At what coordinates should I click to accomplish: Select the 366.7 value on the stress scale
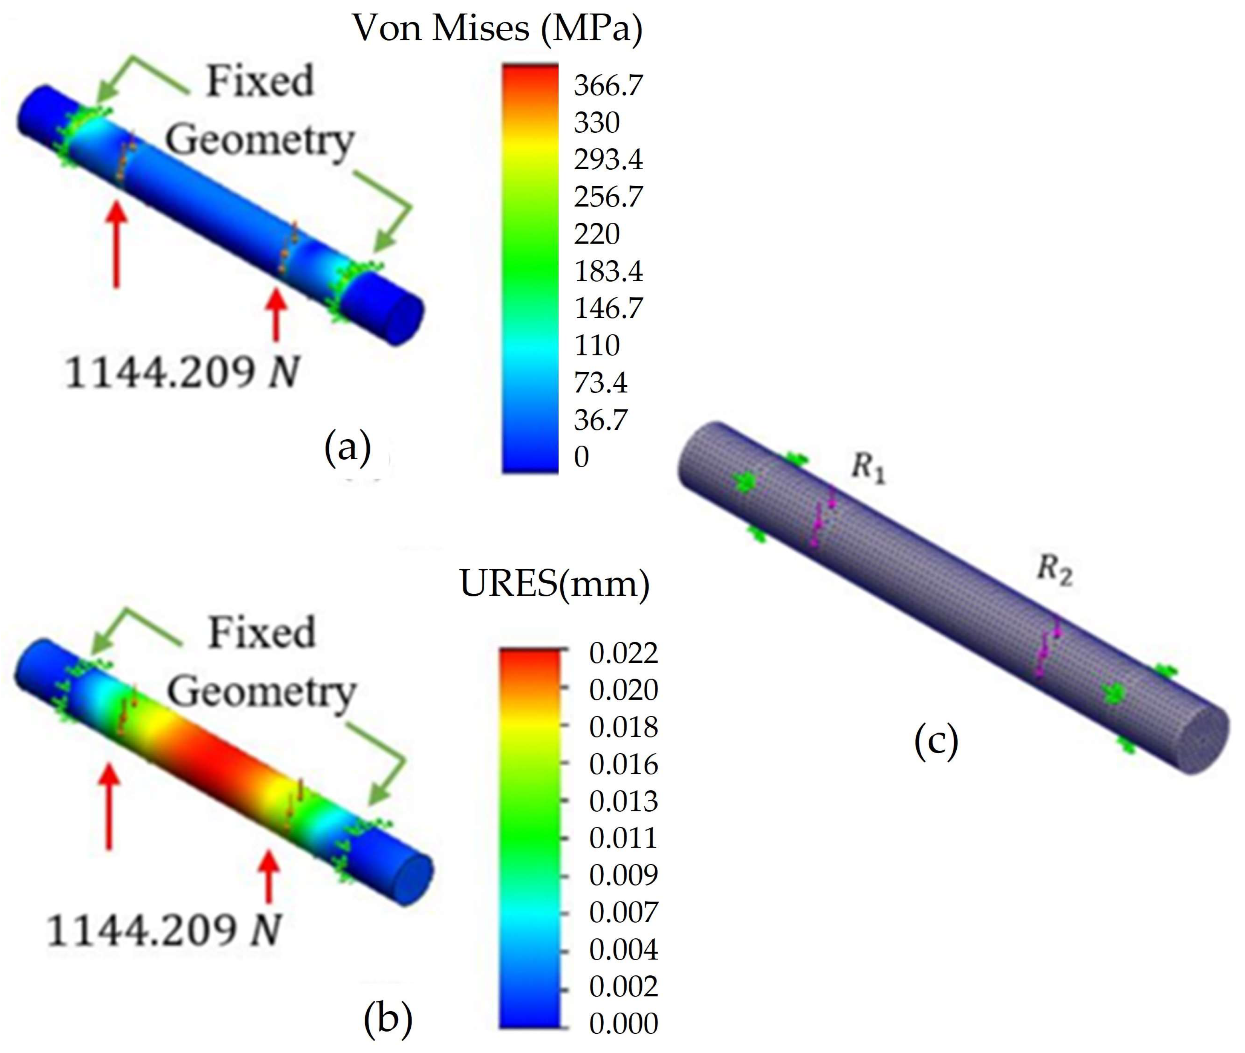pos(609,85)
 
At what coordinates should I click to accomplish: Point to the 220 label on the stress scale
pos(596,233)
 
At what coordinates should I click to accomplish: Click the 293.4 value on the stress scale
pos(609,159)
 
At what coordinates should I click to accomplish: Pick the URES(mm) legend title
pos(554,583)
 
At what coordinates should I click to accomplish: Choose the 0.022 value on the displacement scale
pos(623,653)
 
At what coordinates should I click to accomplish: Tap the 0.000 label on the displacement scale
pos(623,1023)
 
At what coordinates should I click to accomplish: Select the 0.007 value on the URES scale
pos(623,912)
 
